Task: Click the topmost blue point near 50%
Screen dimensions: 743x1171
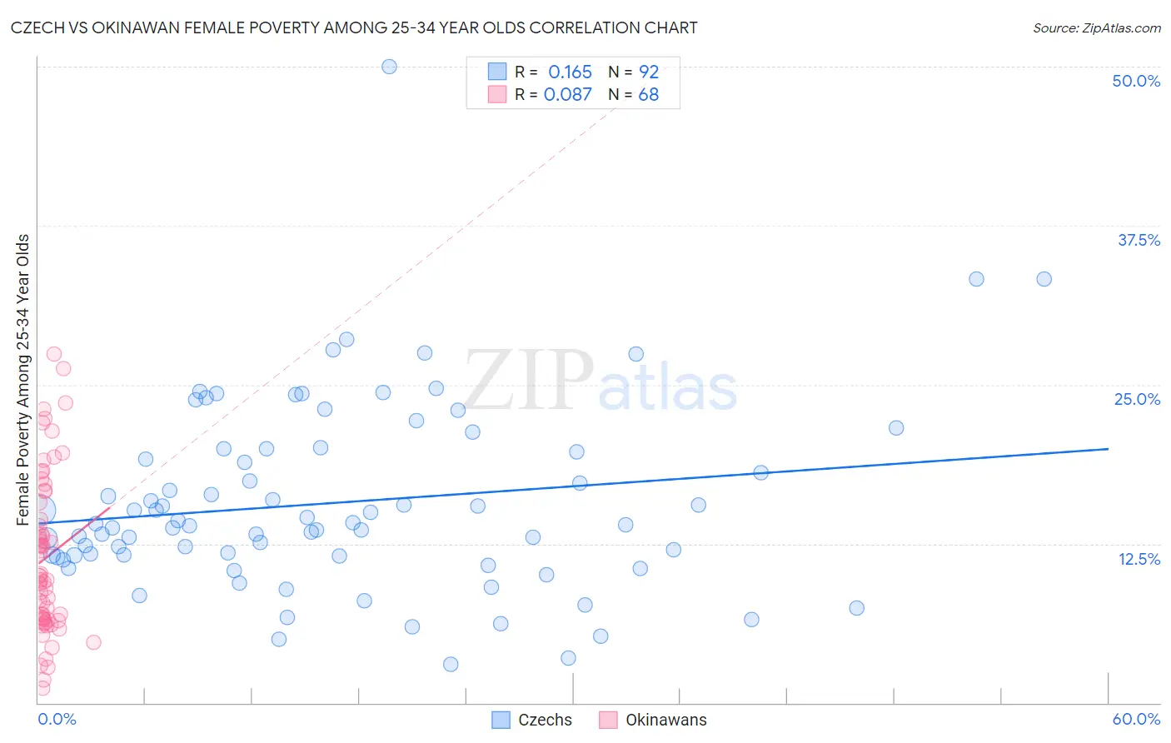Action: coord(389,67)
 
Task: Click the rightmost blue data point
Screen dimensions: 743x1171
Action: coord(1044,279)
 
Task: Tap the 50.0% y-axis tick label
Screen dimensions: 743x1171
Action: coord(1136,81)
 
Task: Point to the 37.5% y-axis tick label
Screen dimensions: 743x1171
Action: coord(1139,240)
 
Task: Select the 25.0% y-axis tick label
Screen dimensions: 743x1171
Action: coord(1137,399)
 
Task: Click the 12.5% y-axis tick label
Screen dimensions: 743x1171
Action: coord(1139,559)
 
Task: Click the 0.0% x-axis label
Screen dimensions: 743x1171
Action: coord(57,719)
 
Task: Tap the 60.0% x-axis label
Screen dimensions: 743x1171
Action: coord(1136,719)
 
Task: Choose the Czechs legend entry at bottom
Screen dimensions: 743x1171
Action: coord(532,720)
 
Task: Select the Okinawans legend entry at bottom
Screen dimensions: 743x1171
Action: coord(653,720)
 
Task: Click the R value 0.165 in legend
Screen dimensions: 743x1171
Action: coord(570,72)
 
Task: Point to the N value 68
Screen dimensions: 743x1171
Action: coord(648,95)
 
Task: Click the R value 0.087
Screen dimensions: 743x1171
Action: coord(568,95)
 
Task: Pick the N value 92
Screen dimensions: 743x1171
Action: coord(649,72)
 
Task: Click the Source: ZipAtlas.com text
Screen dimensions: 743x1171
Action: coord(1096,27)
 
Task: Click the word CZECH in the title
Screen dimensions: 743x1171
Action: coord(37,27)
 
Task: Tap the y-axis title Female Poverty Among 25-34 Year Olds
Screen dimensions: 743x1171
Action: coord(23,380)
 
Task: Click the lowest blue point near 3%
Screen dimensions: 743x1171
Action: coord(451,664)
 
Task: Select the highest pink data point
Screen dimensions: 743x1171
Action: coord(54,354)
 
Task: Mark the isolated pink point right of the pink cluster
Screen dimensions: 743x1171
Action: coord(93,642)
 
